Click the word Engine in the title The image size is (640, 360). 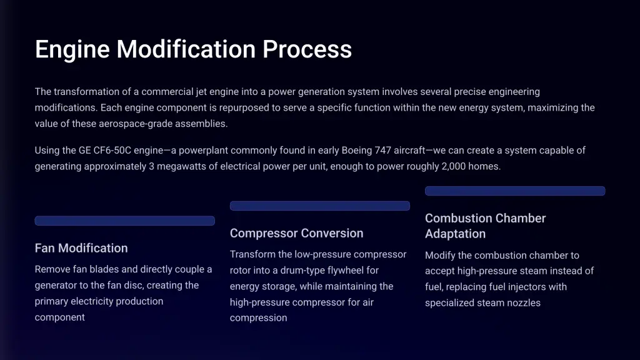72,50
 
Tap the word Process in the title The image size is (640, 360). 307,49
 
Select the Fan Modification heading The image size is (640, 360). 81,248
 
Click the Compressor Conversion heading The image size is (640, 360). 296,233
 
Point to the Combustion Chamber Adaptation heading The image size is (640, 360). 485,226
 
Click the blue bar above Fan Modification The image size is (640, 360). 125,221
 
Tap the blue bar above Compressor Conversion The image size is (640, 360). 320,206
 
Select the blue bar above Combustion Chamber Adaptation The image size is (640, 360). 515,191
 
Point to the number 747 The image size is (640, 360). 383,150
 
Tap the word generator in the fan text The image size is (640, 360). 56,285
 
